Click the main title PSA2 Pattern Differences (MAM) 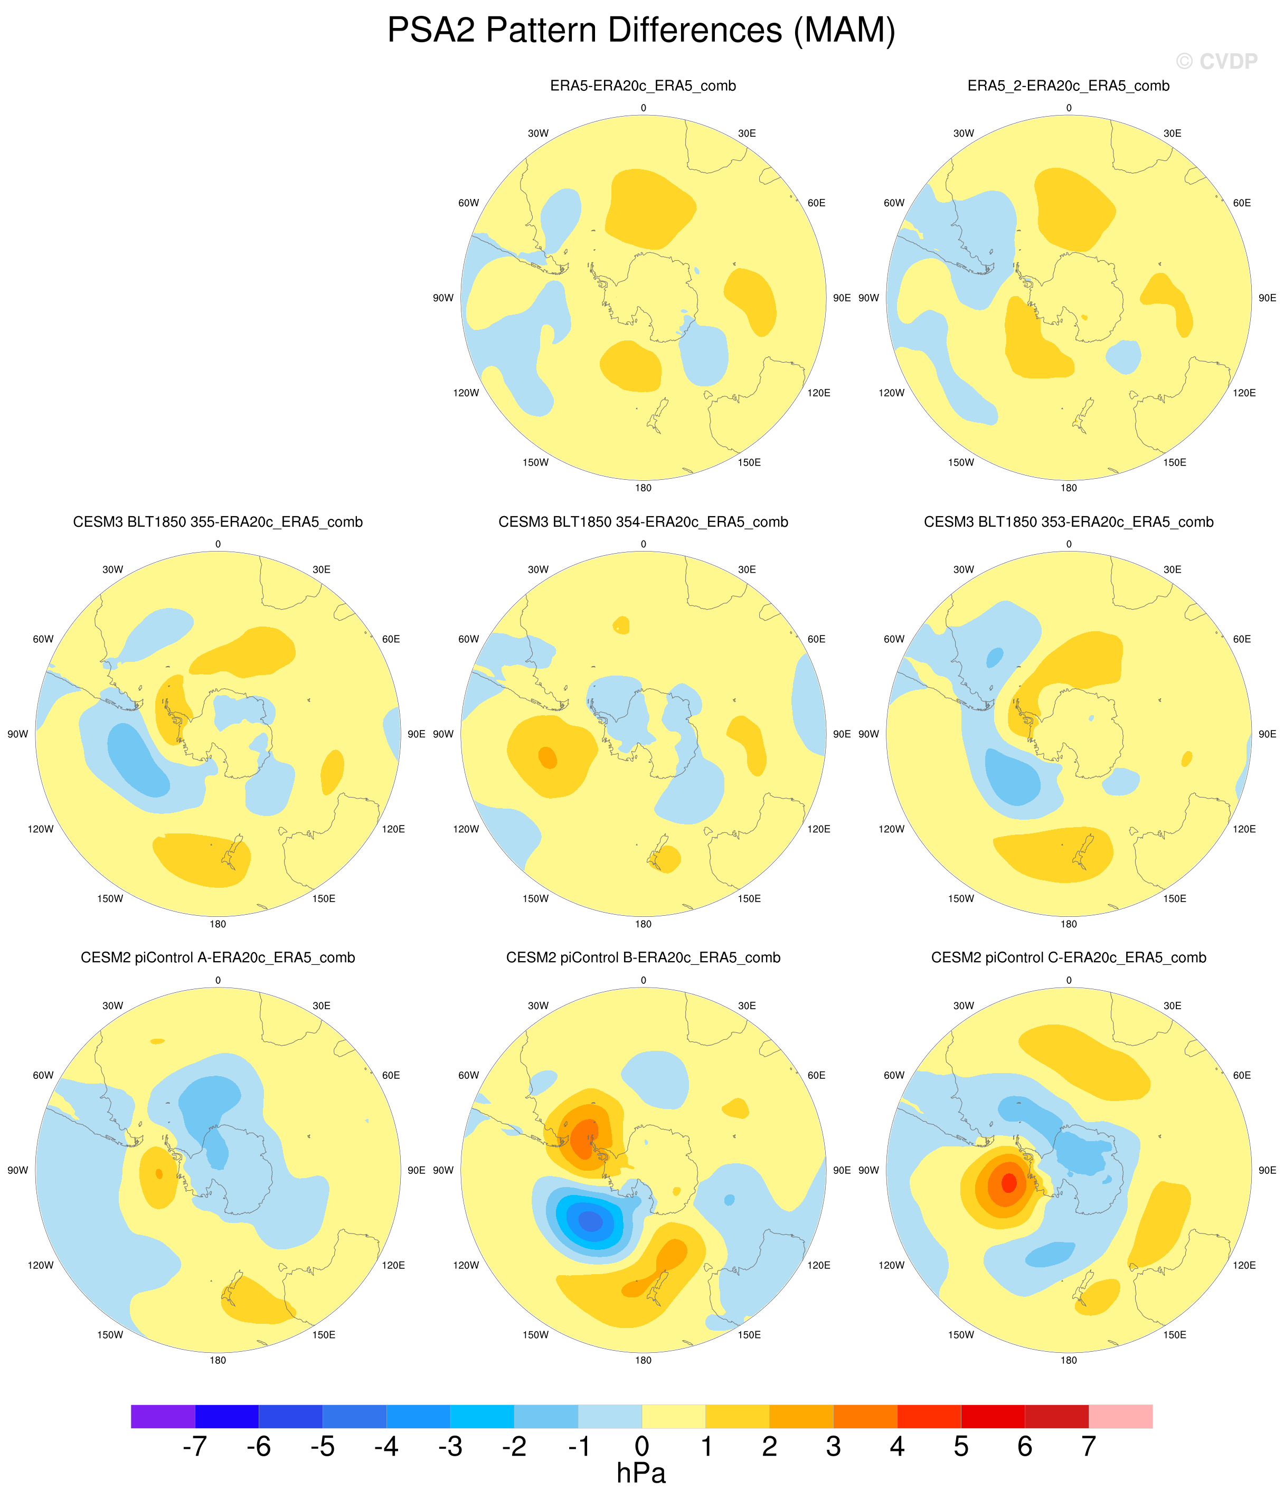[x=641, y=31]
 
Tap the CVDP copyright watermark [x=1217, y=62]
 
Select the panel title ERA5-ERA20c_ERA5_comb [x=643, y=86]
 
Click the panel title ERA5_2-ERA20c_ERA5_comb [x=1068, y=86]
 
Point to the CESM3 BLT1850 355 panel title [x=218, y=523]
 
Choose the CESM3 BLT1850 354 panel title [x=643, y=523]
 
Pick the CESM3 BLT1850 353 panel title [x=1068, y=523]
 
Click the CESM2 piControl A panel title [x=218, y=958]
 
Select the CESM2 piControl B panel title [x=643, y=958]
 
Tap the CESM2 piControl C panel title [x=1068, y=958]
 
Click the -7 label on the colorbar [x=195, y=1446]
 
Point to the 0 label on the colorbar [x=642, y=1446]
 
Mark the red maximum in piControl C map [x=1008, y=1183]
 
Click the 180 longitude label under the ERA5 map [x=643, y=488]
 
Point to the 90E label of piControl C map [x=1267, y=1170]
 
